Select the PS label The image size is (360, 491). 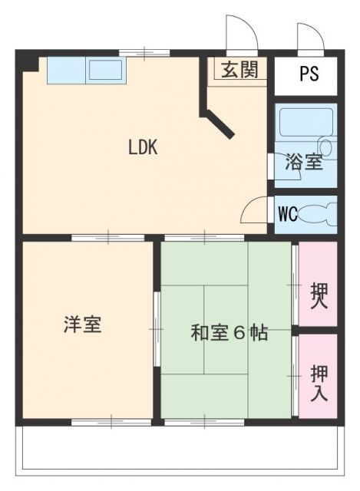309,75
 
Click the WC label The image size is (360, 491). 287,213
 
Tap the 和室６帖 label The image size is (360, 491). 229,333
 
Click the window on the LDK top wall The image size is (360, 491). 144,53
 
